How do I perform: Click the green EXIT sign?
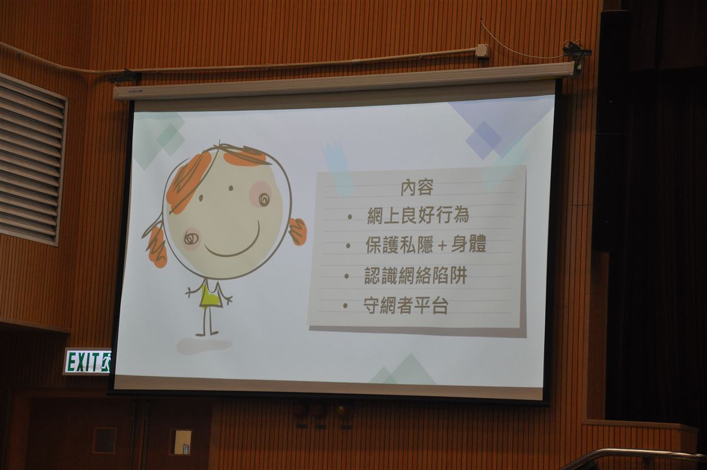pyautogui.click(x=87, y=361)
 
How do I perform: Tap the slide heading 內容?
pyautogui.click(x=417, y=188)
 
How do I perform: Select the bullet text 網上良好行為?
pyautogui.click(x=418, y=215)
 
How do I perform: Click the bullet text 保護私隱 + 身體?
pyautogui.click(x=426, y=244)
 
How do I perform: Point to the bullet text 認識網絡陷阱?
pyautogui.click(x=416, y=275)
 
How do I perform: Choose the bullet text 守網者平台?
pyautogui.click(x=406, y=305)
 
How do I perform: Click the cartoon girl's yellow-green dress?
pyautogui.click(x=209, y=296)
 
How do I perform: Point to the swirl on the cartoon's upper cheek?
pyautogui.click(x=264, y=199)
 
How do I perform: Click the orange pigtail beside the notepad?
pyautogui.click(x=298, y=232)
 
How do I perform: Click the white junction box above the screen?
pyautogui.click(x=483, y=51)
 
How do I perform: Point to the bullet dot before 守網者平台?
pyautogui.click(x=346, y=305)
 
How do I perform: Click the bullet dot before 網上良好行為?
pyautogui.click(x=349, y=216)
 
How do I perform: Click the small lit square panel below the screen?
pyautogui.click(x=183, y=442)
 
